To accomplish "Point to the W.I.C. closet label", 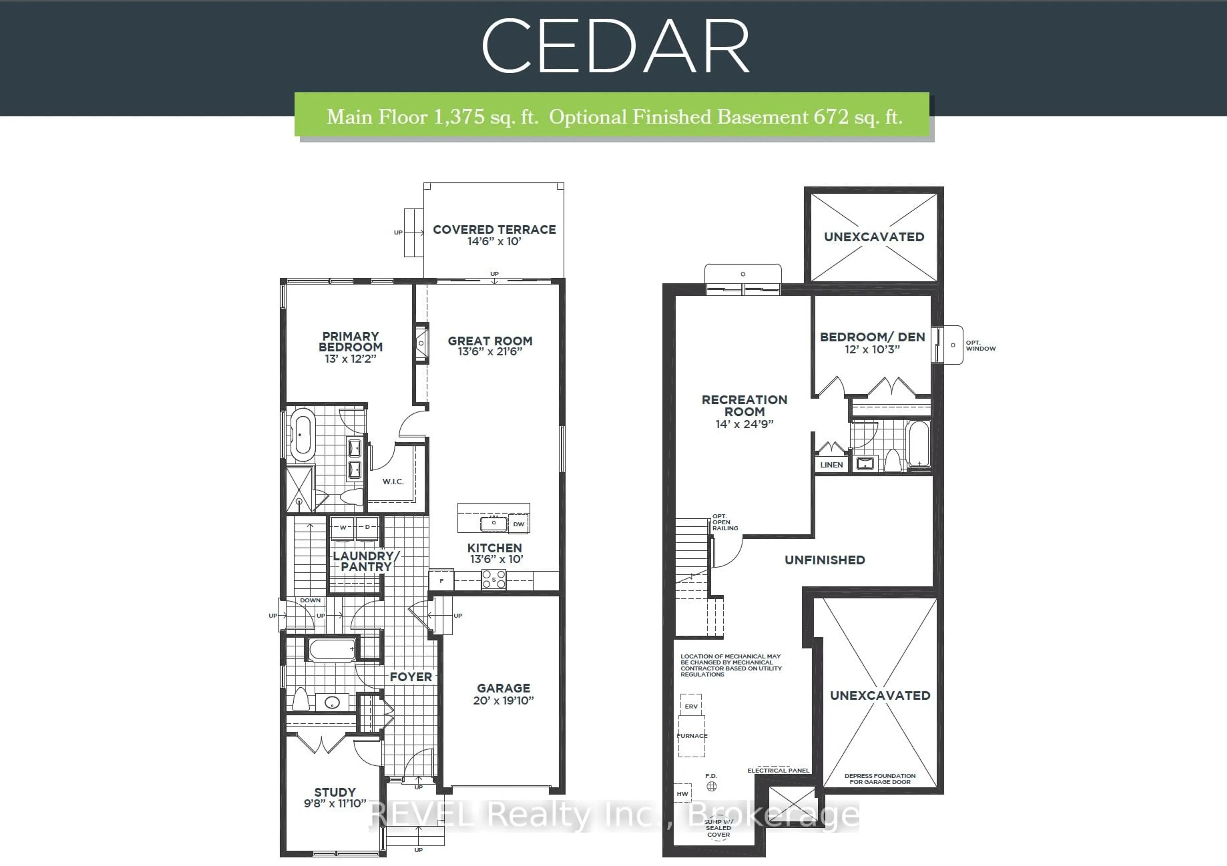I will pos(393,482).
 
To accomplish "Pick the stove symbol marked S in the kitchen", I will pos(494,579).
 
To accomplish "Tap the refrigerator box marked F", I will pos(441,581).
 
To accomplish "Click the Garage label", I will pos(503,689).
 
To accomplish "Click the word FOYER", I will pos(410,677).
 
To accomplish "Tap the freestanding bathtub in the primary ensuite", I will pos(303,435).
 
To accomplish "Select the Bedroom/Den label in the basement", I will pos(872,337).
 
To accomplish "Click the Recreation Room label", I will pos(745,406).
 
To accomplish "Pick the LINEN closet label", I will pos(831,465).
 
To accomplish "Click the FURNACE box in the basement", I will pos(691,736).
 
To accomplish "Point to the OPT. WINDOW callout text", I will pos(980,345).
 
